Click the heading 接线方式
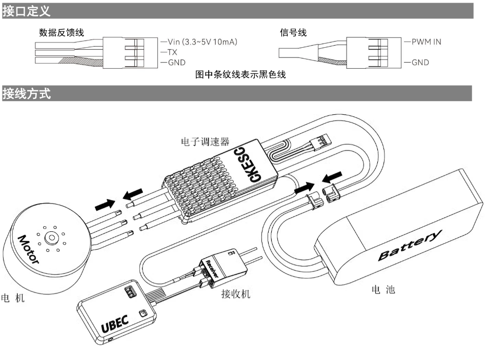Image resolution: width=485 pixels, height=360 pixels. click(27, 93)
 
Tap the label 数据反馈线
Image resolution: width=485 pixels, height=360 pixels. click(62, 33)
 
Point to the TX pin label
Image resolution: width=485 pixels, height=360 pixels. click(172, 52)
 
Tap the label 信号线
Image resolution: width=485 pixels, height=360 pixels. click(293, 33)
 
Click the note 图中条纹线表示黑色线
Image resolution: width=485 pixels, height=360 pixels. click(241, 75)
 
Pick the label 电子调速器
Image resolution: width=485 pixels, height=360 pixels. click(205, 141)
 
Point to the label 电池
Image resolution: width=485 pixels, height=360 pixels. click(383, 290)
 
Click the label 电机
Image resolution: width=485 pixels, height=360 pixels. click(13, 298)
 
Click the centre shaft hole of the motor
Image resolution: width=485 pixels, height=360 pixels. click(51, 238)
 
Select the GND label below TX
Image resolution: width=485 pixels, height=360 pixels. click(176, 63)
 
